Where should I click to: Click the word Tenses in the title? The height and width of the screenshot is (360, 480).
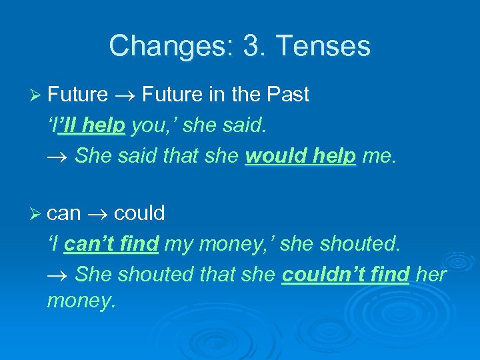point(323,46)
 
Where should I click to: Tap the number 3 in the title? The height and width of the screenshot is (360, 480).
point(251,46)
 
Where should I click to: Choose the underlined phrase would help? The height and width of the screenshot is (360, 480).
point(300,155)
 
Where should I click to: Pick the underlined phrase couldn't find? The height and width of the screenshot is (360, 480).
point(345,273)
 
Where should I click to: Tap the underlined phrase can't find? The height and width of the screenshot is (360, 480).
point(111,244)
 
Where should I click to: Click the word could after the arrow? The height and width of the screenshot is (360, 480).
point(139,214)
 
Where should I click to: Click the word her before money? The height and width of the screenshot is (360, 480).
point(431,273)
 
